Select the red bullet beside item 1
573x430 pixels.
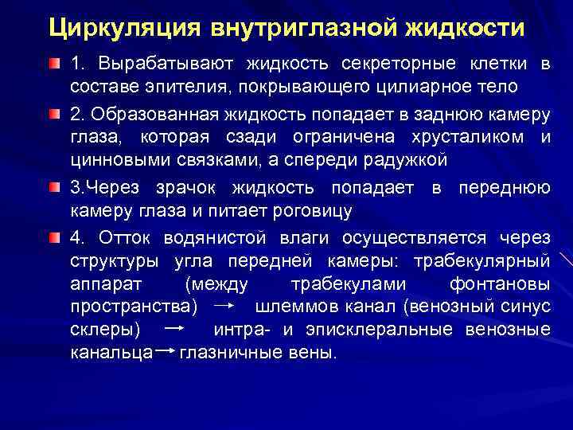click(53, 63)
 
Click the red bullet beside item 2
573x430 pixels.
click(53, 114)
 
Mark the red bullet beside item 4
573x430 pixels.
click(53, 238)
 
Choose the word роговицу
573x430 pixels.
click(306, 210)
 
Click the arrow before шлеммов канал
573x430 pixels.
click(225, 307)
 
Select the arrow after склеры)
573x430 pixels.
click(176, 329)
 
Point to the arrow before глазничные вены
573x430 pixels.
click(166, 351)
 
